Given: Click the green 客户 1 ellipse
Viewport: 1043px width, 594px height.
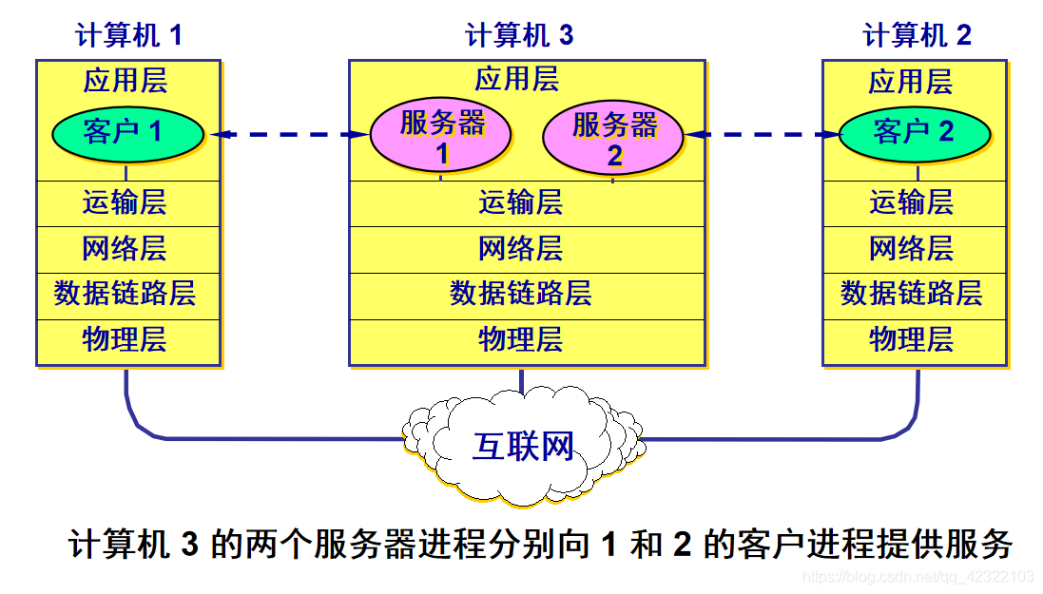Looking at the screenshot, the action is point(126,132).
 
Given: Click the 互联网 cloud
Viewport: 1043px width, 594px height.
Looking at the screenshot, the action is point(523,445).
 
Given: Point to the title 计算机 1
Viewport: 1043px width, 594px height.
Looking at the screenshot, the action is point(128,36).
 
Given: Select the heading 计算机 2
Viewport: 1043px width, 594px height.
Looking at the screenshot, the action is point(917,36).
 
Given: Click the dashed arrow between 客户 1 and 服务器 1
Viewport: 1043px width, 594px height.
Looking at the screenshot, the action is point(289,135).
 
